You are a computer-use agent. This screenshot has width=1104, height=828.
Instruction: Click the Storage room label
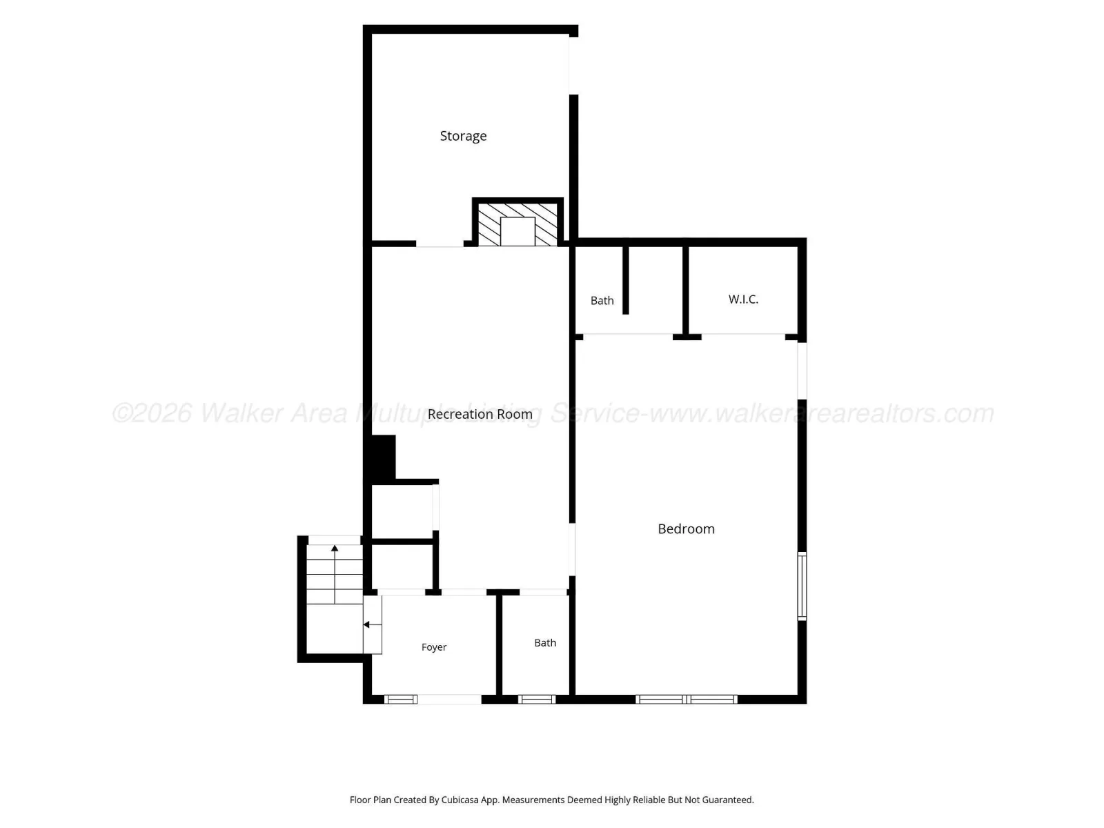tap(463, 136)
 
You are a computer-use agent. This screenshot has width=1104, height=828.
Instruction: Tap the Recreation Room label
tap(480, 414)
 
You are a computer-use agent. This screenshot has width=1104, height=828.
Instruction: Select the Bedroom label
tap(686, 529)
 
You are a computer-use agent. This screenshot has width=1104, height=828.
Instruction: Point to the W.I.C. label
tap(743, 299)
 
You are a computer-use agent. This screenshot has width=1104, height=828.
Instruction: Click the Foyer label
tap(433, 647)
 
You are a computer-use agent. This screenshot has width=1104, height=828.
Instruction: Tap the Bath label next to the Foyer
tap(544, 643)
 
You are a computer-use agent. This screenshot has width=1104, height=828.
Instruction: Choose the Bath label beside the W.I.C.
tap(602, 301)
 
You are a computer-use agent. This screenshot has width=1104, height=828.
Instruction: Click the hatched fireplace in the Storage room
tap(517, 224)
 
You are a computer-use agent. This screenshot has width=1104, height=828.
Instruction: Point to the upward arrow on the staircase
tap(335, 574)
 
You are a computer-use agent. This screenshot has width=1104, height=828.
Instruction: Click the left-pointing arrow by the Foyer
tap(372, 624)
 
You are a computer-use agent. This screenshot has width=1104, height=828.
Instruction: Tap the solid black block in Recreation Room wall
tap(383, 457)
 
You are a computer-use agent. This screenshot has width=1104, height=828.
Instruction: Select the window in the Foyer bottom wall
tap(401, 699)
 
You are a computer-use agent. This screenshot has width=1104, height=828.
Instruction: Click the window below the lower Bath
tap(537, 699)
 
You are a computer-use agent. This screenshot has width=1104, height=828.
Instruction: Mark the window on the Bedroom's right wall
tap(802, 586)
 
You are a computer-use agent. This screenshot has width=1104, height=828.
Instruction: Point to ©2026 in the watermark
tap(152, 413)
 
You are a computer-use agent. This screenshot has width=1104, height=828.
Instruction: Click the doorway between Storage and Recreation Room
tap(440, 244)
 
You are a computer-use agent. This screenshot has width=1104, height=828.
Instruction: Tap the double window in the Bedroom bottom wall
tap(687, 699)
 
